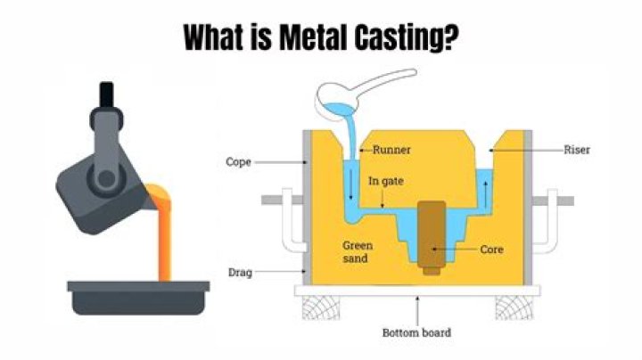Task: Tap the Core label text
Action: tap(491, 250)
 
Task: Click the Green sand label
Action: tap(358, 250)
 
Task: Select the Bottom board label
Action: tap(416, 332)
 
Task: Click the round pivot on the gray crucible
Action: tap(107, 177)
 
